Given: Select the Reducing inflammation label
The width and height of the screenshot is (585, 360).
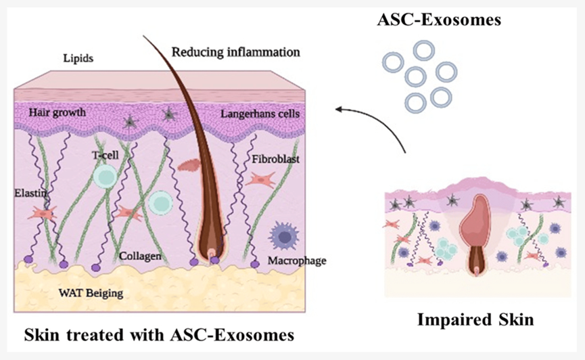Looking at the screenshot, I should point(235,51).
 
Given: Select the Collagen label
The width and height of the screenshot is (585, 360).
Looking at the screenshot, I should point(140,256).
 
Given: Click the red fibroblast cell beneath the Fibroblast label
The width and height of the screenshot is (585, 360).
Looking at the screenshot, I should point(260,180).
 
